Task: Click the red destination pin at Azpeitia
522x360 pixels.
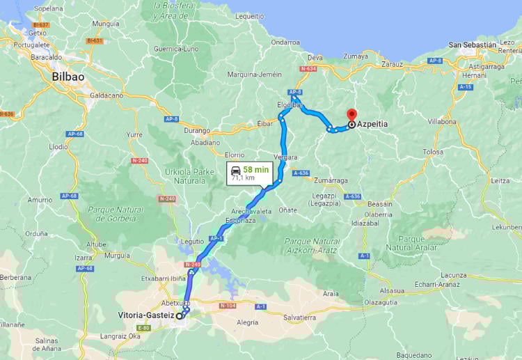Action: pos(351,116)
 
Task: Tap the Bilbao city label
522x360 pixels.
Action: pos(68,77)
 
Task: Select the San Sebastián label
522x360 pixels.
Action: pos(473,45)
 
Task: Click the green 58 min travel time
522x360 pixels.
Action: pos(255,169)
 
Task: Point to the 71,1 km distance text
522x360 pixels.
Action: pos(243,178)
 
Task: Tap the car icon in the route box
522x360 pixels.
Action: pos(236,169)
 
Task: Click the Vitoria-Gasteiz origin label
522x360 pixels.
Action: pos(145,315)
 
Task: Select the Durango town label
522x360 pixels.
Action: pos(197,130)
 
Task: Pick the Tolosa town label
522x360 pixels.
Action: pos(433,152)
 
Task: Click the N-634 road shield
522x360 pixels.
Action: pos(308,69)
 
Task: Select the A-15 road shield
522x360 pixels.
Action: pos(466,87)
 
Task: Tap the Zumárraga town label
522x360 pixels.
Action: pos(330,180)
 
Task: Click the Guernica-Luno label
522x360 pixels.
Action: pos(177,49)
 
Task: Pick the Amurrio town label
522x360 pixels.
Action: pos(40,200)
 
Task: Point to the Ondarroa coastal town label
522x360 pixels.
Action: pos(285,42)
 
